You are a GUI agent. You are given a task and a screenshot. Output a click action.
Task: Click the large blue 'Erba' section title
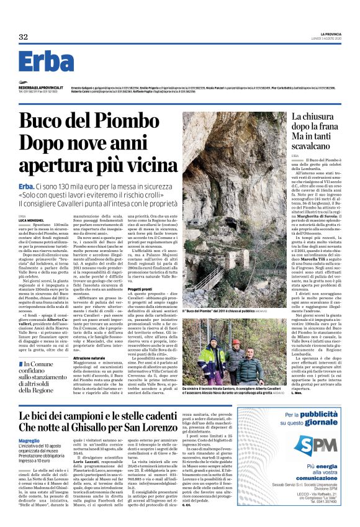click(46, 62)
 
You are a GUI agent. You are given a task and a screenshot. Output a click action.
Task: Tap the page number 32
click(23, 37)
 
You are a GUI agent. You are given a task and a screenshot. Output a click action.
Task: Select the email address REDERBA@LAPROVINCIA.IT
click(38, 88)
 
